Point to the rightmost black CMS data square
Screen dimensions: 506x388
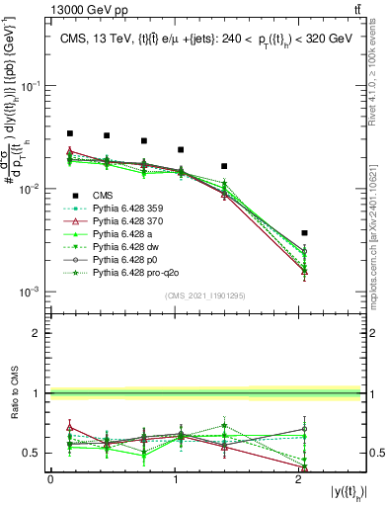click(x=304, y=233)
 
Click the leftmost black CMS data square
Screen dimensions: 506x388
click(x=69, y=133)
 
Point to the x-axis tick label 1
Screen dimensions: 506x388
click(x=176, y=478)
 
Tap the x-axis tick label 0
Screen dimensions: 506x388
click(x=50, y=478)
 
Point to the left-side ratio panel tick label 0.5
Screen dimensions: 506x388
click(x=35, y=453)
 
